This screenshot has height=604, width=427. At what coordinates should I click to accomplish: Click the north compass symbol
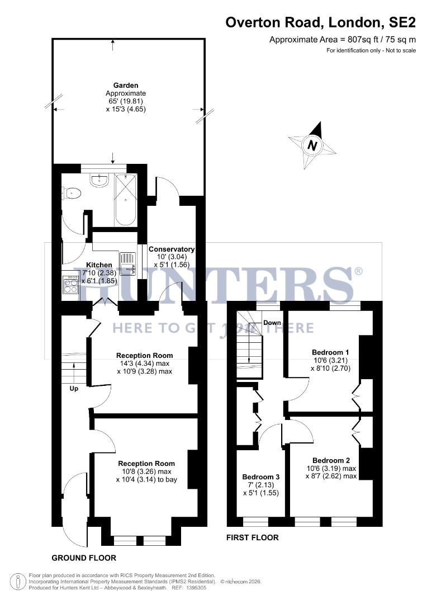coord(312,145)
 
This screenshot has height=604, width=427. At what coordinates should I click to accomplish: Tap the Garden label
coord(125,85)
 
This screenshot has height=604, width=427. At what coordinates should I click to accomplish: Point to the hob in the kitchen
coord(71,285)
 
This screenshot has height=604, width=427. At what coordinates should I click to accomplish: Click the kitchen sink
coord(127,263)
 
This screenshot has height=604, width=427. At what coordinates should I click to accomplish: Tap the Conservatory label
coord(171,249)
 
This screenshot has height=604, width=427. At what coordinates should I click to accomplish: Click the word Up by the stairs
coord(74,388)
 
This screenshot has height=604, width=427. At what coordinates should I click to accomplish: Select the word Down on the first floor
coord(272,323)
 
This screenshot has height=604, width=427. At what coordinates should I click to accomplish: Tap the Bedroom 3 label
coord(260,477)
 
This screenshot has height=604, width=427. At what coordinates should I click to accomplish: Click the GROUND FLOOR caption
coord(84,558)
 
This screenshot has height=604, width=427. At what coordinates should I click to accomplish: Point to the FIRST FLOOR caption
coord(252,537)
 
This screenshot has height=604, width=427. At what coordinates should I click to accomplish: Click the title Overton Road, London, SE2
coord(320,23)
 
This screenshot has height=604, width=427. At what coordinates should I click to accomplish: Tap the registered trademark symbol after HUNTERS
coord(358,271)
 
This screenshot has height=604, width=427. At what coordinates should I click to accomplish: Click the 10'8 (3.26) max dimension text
coord(146,471)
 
